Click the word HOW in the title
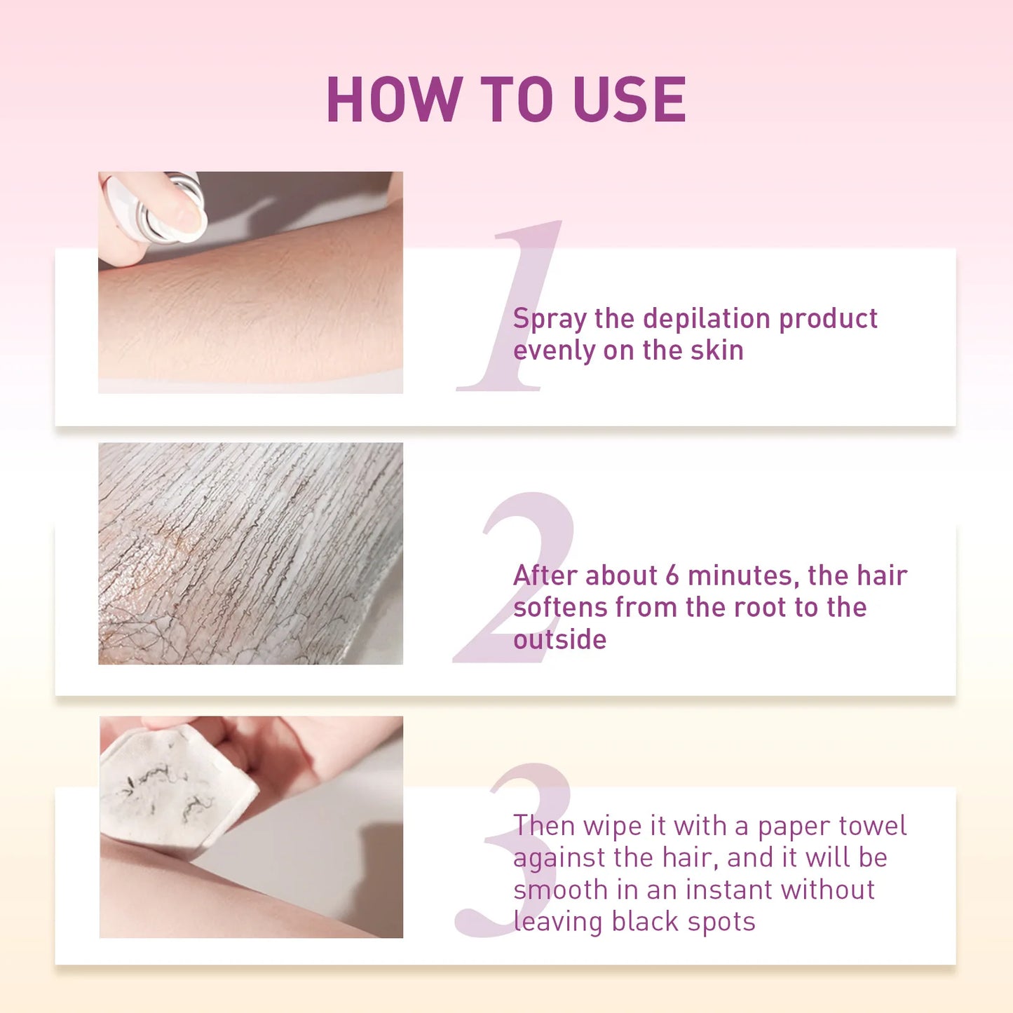pyautogui.click(x=393, y=100)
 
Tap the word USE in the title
pyautogui.click(x=629, y=100)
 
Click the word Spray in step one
pyautogui.click(x=549, y=320)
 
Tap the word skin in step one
pyautogui.click(x=716, y=350)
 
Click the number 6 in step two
pyautogui.click(x=672, y=576)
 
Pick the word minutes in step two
pyautogui.click(x=743, y=576)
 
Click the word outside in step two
pyautogui.click(x=559, y=639)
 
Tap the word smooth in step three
pyautogui.click(x=560, y=890)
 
